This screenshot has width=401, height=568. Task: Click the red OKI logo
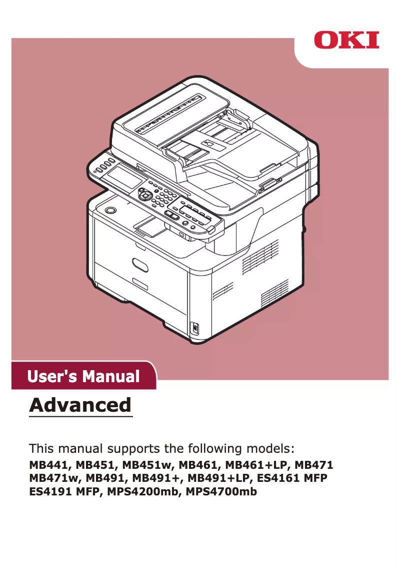346,40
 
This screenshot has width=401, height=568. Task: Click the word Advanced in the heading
80,405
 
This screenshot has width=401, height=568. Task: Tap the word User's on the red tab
53,376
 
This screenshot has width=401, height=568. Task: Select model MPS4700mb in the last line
221,492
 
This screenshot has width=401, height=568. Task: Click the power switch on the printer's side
195,328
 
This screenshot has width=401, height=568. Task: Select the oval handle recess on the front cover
140,264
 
